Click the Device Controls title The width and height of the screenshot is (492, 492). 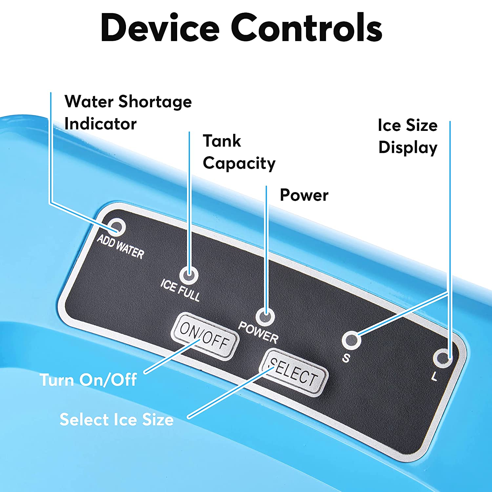tap(241, 28)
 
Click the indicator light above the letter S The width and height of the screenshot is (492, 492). tap(351, 340)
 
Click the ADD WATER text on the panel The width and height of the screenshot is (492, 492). tap(121, 247)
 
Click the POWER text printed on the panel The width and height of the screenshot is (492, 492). tap(258, 332)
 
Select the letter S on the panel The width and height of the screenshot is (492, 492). tap(346, 358)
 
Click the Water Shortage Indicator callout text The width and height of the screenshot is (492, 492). tap(128, 113)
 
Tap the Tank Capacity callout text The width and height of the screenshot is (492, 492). tap(239, 152)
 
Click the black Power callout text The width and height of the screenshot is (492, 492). tap(304, 195)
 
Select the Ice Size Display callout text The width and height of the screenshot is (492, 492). tap(408, 136)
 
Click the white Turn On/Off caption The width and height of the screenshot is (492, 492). tap(88, 380)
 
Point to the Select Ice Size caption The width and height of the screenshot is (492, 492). tap(116, 420)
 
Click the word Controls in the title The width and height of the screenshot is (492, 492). tap(307, 28)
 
